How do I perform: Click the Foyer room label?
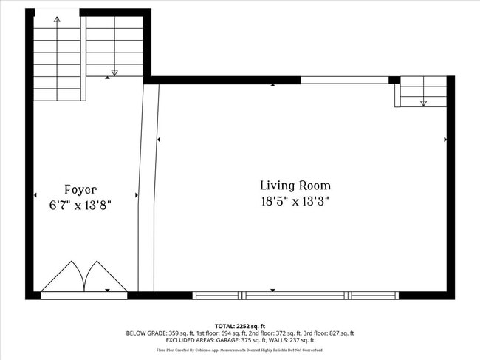click(x=80, y=189)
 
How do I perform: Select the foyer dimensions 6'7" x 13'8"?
click(x=80, y=204)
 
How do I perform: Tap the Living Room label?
click(x=295, y=186)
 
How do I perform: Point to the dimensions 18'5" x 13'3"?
click(x=295, y=200)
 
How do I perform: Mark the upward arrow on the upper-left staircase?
click(x=57, y=20)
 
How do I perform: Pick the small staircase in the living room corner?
click(x=423, y=92)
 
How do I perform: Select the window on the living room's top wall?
click(x=344, y=80)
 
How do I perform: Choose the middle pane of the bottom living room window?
click(x=295, y=296)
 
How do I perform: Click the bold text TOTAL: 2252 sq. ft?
click(x=239, y=326)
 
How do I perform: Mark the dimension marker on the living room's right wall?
click(x=445, y=139)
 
